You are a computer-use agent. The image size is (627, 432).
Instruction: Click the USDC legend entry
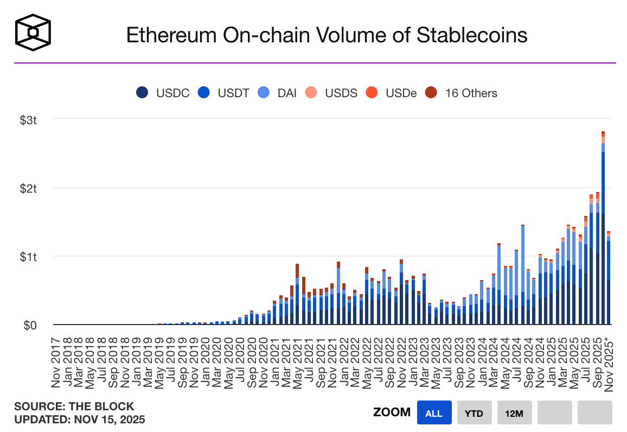(163, 93)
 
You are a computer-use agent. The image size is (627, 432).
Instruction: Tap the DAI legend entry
(279, 93)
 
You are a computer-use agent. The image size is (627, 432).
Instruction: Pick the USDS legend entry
(332, 93)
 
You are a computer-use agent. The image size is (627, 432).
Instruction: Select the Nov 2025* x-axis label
(609, 359)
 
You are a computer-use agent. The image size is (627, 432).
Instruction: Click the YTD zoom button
(474, 412)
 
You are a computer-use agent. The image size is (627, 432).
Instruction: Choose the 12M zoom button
(514, 412)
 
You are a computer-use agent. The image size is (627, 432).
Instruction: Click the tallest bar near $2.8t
(603, 228)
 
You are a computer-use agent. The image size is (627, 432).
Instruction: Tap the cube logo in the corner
(33, 33)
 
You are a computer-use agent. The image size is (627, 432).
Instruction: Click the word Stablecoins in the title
(472, 35)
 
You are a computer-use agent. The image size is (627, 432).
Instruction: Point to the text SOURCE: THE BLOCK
(74, 406)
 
